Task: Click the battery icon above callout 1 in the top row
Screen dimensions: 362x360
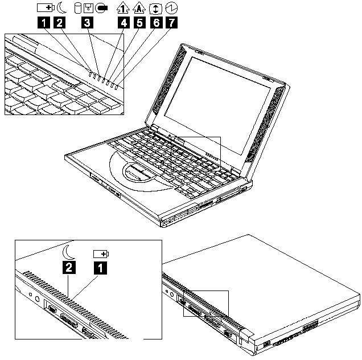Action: click(46, 8)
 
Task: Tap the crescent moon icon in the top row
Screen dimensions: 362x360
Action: click(61, 8)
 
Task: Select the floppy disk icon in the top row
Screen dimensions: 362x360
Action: click(88, 8)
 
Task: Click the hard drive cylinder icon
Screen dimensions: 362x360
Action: click(78, 8)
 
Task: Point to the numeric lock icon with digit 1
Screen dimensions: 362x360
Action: click(123, 8)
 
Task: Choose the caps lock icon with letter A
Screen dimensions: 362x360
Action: click(139, 8)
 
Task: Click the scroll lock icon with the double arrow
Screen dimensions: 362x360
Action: click(156, 9)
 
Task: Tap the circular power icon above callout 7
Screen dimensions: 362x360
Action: click(171, 9)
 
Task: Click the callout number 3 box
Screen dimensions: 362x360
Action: click(87, 23)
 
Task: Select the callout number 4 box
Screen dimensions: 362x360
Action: click(124, 23)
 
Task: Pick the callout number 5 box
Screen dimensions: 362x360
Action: click(139, 23)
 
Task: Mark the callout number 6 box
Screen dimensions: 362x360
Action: click(156, 23)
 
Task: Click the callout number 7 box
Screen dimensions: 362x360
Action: click(171, 23)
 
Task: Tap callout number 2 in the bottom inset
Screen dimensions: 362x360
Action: click(69, 267)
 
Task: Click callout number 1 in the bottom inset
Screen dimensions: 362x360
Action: click(100, 268)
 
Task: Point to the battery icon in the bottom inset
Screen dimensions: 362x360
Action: click(101, 254)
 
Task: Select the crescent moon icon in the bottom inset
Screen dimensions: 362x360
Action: click(68, 252)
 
